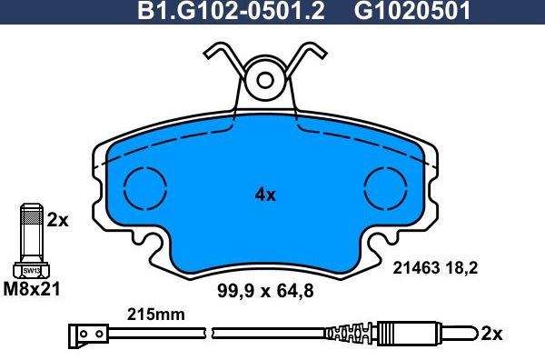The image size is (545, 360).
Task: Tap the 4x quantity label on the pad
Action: click(x=264, y=194)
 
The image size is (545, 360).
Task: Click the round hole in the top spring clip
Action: click(x=266, y=80)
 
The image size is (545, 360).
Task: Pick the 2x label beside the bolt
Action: click(x=57, y=219)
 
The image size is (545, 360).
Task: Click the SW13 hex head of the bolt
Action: click(x=31, y=269)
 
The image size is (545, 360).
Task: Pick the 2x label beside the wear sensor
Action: click(x=490, y=334)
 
